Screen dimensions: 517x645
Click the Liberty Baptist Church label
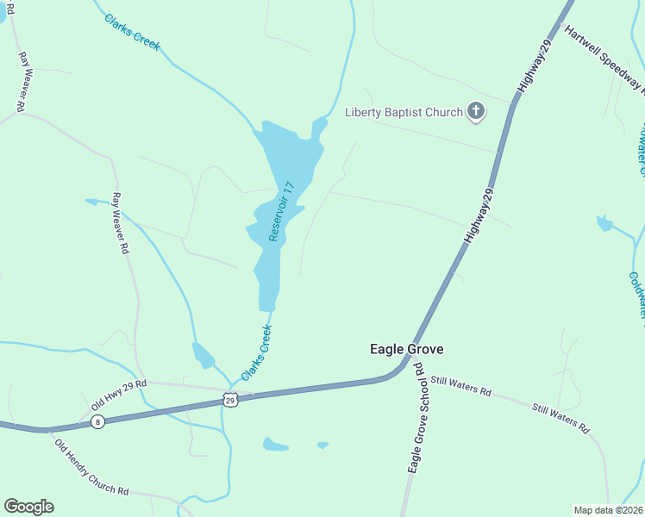[404, 111]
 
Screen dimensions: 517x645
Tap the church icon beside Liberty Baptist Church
[475, 110]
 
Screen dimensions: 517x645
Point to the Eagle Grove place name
[406, 349]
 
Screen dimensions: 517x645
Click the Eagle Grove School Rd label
[417, 416]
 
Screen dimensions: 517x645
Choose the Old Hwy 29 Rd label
[119, 395]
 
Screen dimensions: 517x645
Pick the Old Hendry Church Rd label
[91, 468]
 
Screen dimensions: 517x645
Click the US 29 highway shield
[229, 399]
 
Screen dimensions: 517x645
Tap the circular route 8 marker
[97, 421]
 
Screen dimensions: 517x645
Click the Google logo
[28, 507]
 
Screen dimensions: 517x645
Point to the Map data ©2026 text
[608, 509]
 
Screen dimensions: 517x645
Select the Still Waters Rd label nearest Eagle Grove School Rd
[460, 385]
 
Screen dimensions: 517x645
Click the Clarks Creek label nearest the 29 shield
[257, 353]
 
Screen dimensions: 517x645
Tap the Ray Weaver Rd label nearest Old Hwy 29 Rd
[122, 223]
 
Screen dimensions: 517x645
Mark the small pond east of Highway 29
[604, 224]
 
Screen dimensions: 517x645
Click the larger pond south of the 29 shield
[275, 445]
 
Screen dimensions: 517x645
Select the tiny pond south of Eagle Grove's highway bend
[322, 445]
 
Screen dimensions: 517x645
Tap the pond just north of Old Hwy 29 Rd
[203, 355]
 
